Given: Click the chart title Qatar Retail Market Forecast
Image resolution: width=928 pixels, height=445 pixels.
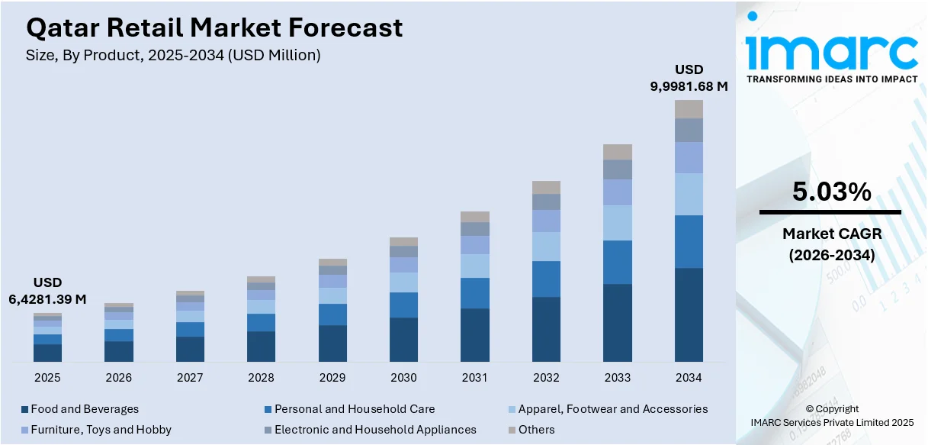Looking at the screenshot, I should click(x=214, y=28).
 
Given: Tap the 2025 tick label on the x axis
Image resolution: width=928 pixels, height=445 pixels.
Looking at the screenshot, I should click(x=47, y=377).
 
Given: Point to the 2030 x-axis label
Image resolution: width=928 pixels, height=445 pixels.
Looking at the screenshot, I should click(x=403, y=377).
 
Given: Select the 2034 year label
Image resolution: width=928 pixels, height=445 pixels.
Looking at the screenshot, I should click(x=689, y=377).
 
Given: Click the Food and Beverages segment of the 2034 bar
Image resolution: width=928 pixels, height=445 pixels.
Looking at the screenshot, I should click(x=689, y=314).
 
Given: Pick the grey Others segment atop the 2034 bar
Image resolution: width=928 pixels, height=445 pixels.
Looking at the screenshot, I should click(x=689, y=109).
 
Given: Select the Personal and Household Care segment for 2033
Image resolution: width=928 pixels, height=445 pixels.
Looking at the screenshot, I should click(x=618, y=262).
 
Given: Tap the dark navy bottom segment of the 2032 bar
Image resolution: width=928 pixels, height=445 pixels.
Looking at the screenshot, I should click(x=546, y=329).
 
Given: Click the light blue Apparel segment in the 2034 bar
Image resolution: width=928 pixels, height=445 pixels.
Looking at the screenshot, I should click(x=689, y=194).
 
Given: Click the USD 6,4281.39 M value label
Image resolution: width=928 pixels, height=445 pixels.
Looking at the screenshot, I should click(x=47, y=291).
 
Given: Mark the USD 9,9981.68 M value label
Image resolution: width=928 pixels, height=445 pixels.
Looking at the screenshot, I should click(x=689, y=78).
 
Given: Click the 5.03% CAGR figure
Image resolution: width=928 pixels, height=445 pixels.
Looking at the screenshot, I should click(x=831, y=192).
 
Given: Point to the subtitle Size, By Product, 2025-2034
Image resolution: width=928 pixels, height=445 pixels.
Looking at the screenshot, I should click(x=173, y=55).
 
